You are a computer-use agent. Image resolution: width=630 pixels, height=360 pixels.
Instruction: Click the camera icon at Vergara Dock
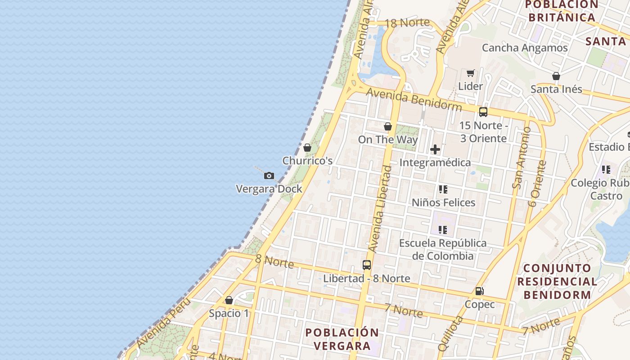coord(269,175)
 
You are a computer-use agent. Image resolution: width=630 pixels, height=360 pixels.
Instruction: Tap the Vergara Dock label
coord(269,189)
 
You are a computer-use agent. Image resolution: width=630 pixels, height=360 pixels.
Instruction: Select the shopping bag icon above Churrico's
coord(307,148)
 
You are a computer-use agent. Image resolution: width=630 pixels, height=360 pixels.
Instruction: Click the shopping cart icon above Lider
coord(471,73)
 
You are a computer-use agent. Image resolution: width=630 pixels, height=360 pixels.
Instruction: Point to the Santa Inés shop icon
coord(556,76)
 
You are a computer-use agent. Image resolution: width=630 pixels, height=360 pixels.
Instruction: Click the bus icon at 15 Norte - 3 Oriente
coord(483,112)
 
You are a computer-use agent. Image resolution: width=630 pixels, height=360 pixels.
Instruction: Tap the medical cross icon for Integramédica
coord(435,149)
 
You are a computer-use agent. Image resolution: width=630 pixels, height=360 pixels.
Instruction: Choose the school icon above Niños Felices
coord(443,189)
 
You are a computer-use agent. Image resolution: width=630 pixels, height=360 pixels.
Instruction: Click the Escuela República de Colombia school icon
coord(443,230)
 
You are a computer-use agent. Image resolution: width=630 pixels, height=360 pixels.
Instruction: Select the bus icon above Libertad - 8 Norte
coord(367,265)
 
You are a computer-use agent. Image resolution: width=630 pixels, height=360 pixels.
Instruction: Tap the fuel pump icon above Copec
coord(480,291)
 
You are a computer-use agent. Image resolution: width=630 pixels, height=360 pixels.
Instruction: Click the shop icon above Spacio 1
coord(229,300)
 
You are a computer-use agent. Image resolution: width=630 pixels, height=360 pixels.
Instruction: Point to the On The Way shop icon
coord(388,127)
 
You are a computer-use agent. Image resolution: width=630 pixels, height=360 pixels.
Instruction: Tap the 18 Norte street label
coord(407,22)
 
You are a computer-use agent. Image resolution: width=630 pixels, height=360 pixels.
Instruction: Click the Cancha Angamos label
coord(525,48)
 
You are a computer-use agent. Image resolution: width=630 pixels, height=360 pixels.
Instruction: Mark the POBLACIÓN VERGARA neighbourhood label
coord(342,339)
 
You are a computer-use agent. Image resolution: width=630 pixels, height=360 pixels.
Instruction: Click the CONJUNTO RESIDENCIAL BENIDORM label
coord(557,282)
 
